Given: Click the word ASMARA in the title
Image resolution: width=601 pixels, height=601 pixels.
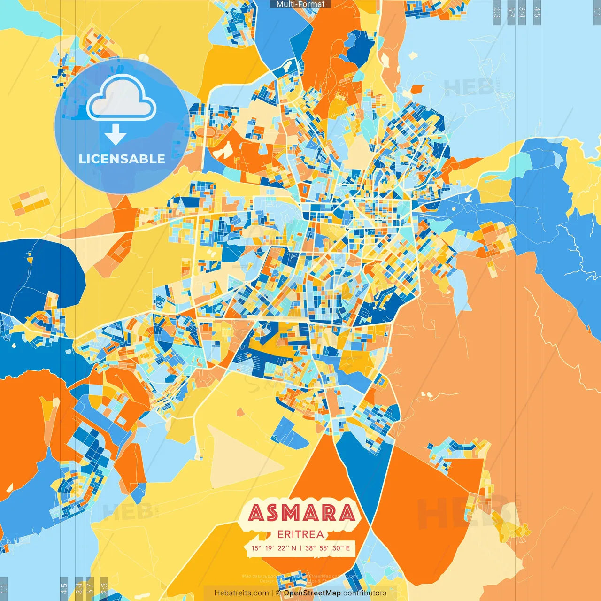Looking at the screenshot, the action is [301, 512].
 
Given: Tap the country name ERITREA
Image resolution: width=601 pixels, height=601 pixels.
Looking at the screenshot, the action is [300, 534].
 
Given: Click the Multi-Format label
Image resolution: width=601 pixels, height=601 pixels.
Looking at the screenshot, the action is [300, 4].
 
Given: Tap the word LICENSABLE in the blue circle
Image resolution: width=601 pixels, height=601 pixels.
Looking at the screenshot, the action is [122, 159].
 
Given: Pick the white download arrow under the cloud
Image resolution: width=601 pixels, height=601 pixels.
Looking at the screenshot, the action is [116, 134].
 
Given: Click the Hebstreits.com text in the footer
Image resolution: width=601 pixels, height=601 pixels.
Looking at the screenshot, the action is [241, 593].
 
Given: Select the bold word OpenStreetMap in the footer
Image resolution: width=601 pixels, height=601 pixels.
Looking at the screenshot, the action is [312, 593].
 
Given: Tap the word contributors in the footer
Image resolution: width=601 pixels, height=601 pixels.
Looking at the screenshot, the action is [365, 593].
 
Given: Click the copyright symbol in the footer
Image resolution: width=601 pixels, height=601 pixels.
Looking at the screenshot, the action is [278, 593].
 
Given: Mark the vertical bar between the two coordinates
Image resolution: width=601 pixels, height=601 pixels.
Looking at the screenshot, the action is [300, 548].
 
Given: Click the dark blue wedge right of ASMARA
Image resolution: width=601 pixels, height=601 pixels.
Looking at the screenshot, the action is [364, 474].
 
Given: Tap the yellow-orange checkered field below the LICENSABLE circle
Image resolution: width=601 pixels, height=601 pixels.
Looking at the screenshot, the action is [30, 199].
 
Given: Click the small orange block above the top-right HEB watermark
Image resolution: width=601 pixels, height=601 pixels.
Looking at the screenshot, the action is [416, 89].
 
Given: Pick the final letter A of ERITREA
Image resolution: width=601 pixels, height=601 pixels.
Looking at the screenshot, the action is [320, 534].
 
